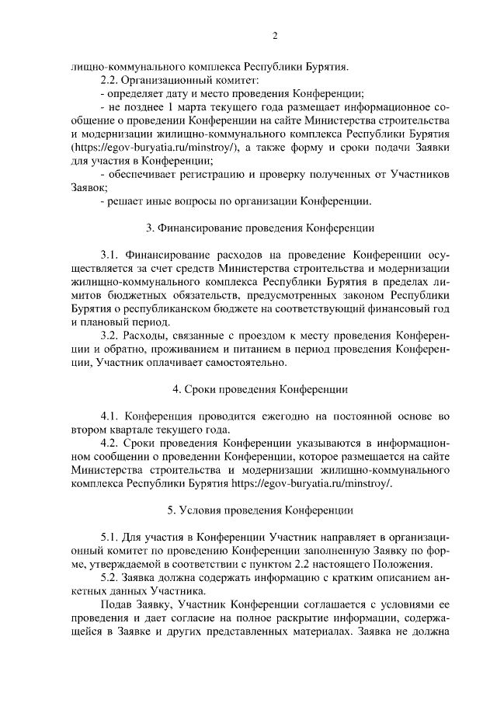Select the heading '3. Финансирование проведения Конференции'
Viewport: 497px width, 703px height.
260,228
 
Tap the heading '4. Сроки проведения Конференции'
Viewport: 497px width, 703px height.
260,388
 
